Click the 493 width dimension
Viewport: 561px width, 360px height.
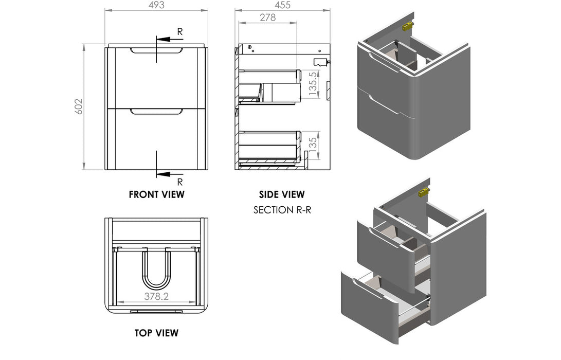point(156,5)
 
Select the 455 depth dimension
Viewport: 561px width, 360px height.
point(282,5)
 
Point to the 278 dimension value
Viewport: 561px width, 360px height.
point(267,17)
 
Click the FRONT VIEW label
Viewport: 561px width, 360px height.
point(156,194)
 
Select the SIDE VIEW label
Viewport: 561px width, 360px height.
point(282,194)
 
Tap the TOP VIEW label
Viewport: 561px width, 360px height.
point(156,333)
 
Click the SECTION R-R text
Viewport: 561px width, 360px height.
point(282,210)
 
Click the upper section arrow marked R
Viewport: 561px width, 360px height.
point(170,38)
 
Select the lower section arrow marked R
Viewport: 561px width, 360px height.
point(170,175)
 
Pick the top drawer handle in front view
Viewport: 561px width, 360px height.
point(156,50)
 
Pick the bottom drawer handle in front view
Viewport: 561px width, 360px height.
point(156,111)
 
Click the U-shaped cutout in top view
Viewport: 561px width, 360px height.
point(156,270)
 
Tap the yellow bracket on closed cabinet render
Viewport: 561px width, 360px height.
point(407,26)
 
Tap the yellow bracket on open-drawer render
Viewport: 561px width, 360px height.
point(423,192)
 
